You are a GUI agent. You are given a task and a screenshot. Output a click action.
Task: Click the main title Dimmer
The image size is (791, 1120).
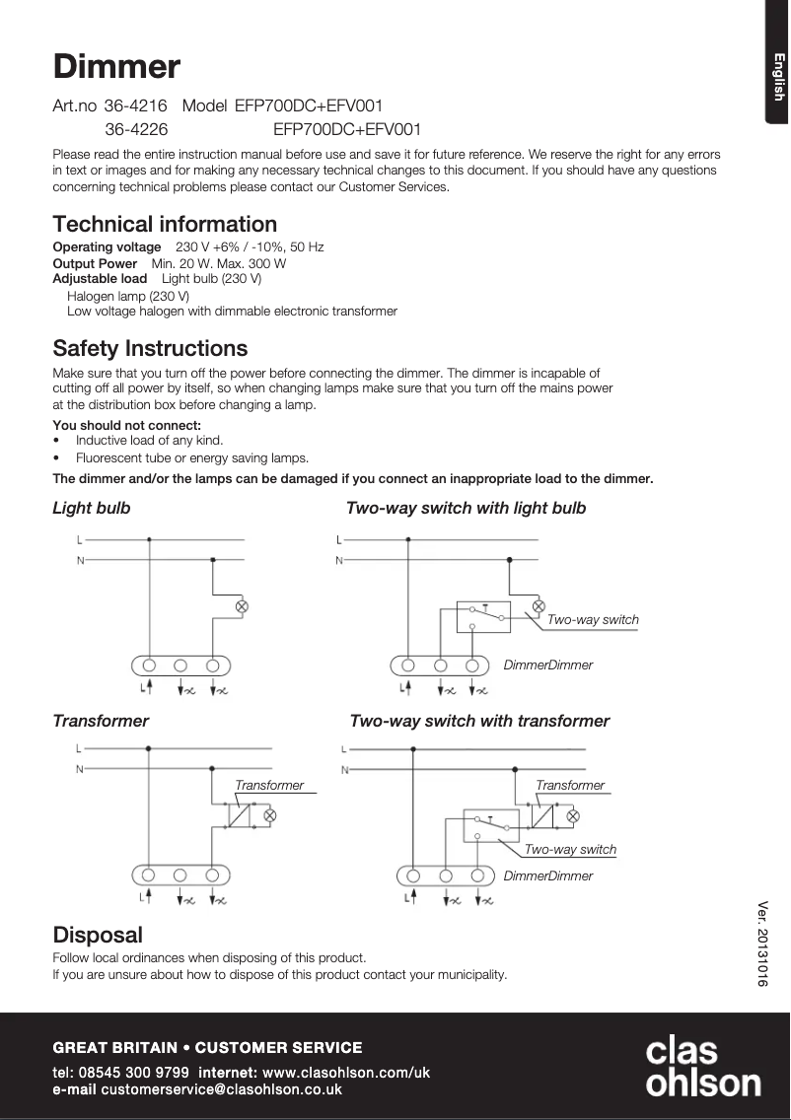pos(116,67)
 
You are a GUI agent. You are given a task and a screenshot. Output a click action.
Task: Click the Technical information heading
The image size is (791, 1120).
pos(165,224)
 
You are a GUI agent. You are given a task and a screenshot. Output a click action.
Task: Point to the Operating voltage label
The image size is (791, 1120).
pos(107,246)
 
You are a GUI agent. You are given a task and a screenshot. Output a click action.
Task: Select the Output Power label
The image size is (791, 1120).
pos(95,263)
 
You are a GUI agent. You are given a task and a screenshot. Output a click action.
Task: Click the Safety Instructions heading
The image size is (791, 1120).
pos(150,348)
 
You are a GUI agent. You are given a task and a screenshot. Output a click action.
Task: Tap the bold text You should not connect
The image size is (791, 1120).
pos(126,425)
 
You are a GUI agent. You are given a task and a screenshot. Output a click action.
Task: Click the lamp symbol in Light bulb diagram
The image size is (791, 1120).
pos(241,606)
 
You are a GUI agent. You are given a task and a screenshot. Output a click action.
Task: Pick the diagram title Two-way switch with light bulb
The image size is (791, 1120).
pos(466,508)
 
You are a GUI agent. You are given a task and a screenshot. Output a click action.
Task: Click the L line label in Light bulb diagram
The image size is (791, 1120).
pos(80,539)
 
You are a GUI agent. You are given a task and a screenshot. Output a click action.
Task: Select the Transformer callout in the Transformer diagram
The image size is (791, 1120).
pos(269,785)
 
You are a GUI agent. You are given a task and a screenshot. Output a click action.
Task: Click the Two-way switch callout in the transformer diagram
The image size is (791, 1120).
pos(570,849)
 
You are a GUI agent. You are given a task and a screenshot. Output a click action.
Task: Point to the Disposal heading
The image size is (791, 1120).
pos(98,934)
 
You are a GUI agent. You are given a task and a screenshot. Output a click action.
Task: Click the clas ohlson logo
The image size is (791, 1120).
pos(702,1067)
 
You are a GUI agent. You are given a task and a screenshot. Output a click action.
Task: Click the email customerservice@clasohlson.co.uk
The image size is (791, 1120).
pos(221,1089)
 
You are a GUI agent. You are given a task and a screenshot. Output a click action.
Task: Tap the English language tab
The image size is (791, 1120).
pos(778,77)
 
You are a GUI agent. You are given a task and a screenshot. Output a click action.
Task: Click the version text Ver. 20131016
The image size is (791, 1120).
pos(761,944)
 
